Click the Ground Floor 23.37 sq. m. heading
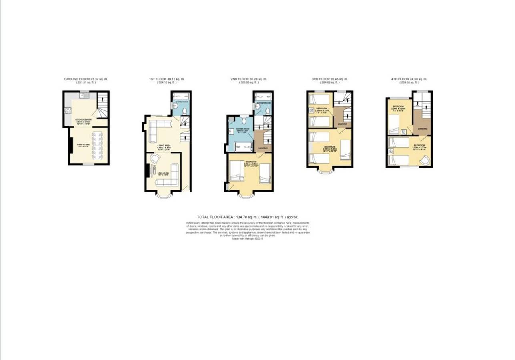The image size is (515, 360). [86, 79]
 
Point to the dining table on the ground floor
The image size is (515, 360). [97, 145]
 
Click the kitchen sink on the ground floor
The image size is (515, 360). [84, 96]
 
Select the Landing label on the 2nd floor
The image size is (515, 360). [263, 148]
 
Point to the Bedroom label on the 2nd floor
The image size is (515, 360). [250, 162]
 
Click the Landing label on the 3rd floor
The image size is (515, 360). [343, 124]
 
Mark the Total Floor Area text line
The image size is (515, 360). [248, 216]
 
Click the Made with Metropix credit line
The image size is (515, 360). [248, 239]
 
